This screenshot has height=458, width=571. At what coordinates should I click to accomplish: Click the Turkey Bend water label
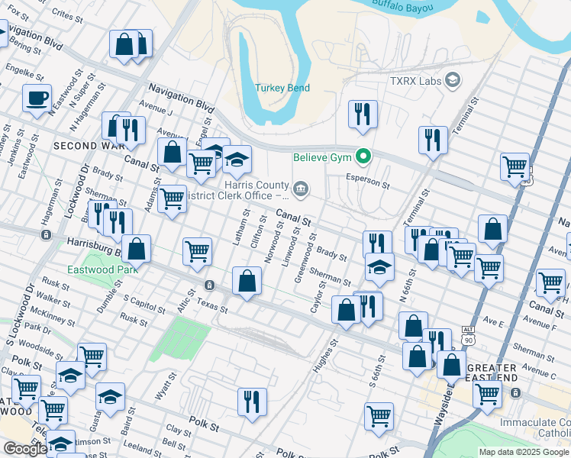282,88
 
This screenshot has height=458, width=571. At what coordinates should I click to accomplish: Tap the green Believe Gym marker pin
364,158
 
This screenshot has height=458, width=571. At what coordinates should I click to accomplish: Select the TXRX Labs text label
417,80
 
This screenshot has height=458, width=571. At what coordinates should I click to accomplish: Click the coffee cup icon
37,98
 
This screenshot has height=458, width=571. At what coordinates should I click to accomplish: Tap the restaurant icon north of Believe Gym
363,114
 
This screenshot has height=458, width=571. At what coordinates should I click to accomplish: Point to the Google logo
24,449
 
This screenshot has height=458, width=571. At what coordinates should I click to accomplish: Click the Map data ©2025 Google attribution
524,452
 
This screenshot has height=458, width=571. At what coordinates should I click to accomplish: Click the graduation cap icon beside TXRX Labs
453,80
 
